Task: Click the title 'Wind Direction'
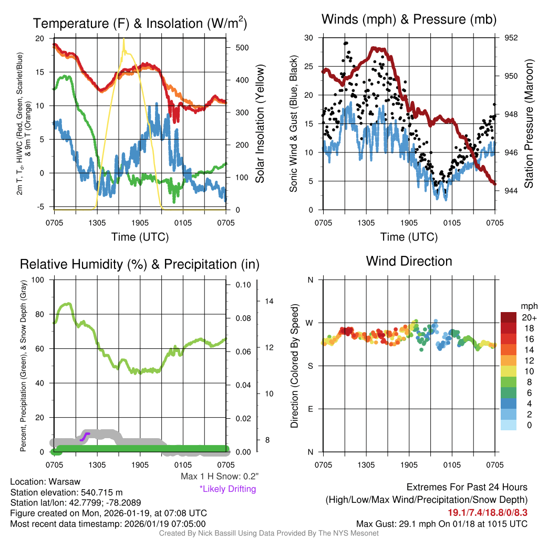(409, 261)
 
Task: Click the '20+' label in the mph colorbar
(529, 317)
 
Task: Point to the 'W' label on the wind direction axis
(311, 323)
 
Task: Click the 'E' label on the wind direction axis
(311, 409)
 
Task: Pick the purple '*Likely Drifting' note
(227, 489)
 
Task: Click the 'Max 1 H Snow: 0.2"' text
(219, 477)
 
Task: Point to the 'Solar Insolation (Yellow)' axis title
(260, 124)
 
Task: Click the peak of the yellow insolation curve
(124, 39)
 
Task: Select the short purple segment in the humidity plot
(85, 436)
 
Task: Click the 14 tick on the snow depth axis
(269, 302)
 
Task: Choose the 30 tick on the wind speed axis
(309, 38)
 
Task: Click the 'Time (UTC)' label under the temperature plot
(140, 237)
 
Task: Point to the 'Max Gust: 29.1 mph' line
(441, 523)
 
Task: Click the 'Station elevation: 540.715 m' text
(66, 492)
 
